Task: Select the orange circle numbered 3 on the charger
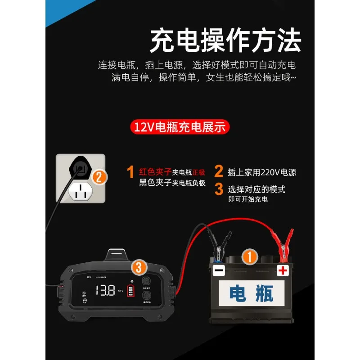coord(139,268)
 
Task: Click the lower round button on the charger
coord(146,296)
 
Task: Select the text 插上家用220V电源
coord(261,172)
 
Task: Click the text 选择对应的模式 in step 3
coord(256,189)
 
